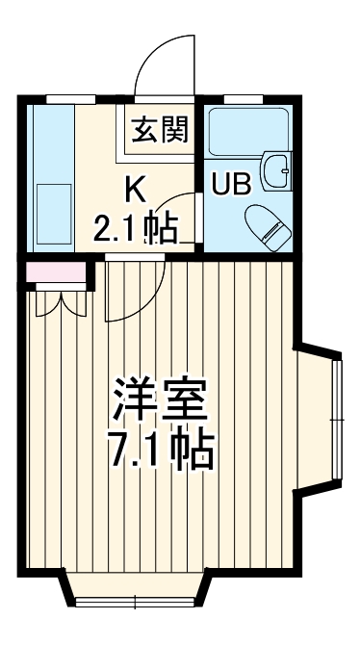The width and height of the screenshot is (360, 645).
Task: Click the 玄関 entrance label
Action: tap(155, 128)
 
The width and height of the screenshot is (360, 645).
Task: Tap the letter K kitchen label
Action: tap(135, 188)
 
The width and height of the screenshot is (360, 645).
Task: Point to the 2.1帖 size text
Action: tap(134, 228)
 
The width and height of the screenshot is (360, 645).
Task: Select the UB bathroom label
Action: tap(231, 184)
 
